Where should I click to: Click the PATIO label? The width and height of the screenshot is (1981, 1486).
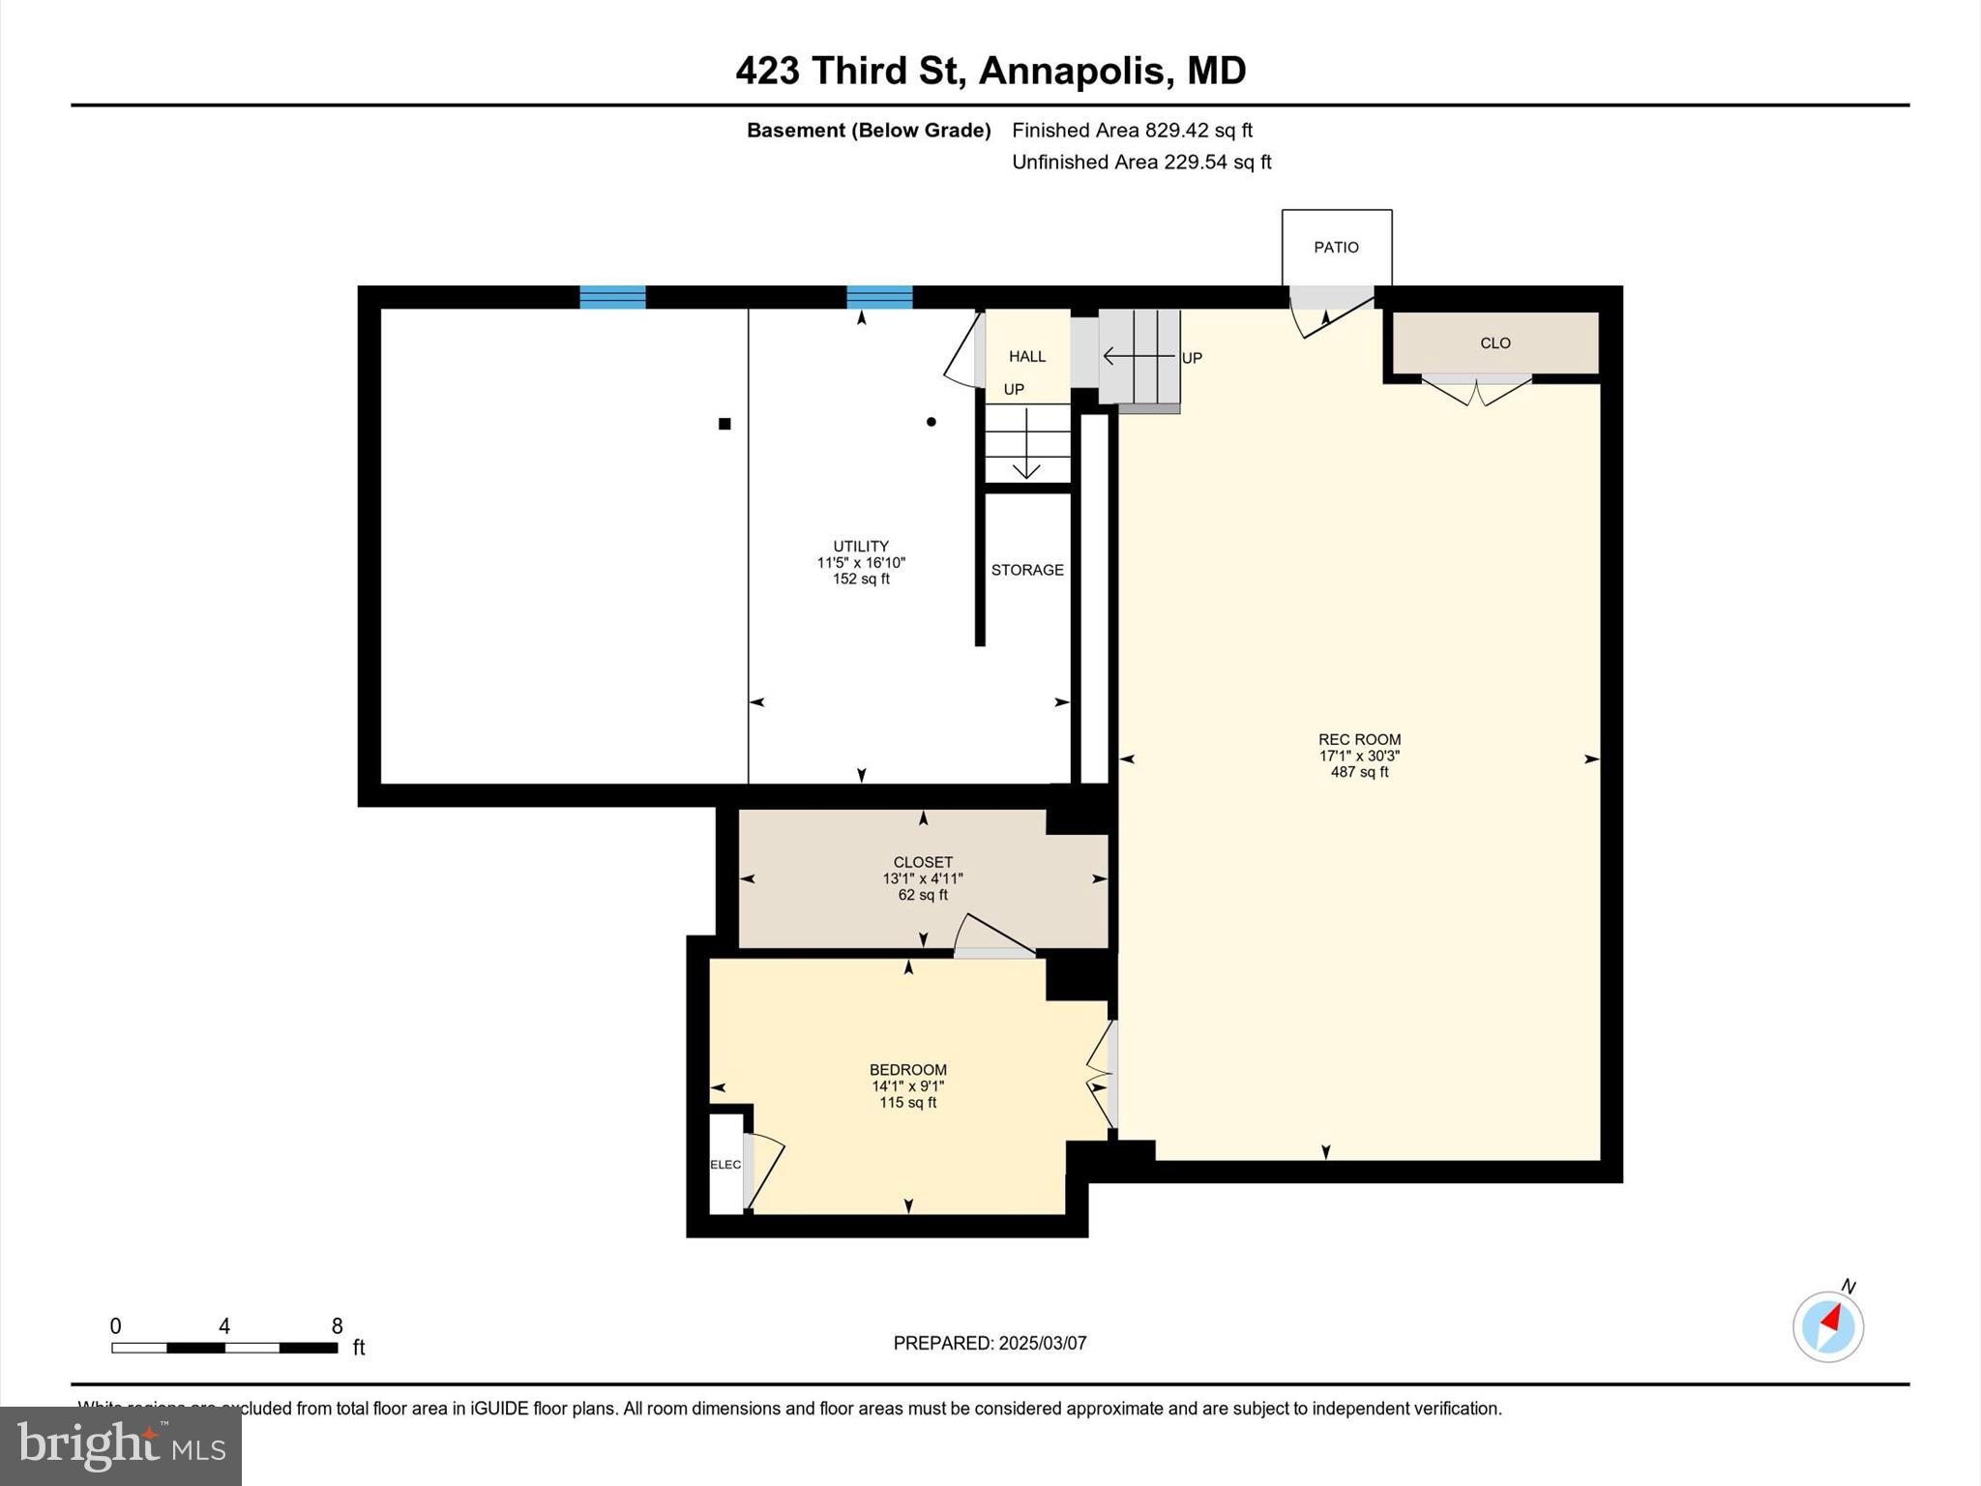(x=1336, y=248)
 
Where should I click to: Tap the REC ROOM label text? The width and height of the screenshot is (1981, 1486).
(x=1359, y=739)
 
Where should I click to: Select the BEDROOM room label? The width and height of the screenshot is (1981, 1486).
(x=907, y=1069)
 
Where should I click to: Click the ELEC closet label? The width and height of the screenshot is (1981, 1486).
(x=725, y=1165)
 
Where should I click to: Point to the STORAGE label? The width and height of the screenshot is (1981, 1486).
(x=1027, y=570)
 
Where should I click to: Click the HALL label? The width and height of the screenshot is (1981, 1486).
(x=1027, y=356)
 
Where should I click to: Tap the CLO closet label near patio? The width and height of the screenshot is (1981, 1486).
(x=1494, y=342)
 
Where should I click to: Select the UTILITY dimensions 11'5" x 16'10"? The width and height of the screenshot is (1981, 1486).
(x=861, y=562)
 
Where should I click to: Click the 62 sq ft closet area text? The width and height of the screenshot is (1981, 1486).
(x=923, y=895)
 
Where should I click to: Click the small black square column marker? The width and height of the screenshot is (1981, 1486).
(x=724, y=423)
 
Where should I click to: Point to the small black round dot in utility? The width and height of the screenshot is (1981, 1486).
(x=931, y=422)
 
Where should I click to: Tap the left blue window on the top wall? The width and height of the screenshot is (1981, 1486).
(x=612, y=297)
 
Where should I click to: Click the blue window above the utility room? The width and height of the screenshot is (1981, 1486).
(x=879, y=297)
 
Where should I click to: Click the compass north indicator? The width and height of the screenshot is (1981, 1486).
(x=1828, y=1325)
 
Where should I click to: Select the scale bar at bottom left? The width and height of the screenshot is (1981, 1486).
(x=224, y=1347)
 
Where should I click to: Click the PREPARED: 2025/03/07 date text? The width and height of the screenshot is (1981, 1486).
(x=990, y=1343)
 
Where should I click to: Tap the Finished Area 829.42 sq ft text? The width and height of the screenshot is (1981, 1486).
(x=1132, y=130)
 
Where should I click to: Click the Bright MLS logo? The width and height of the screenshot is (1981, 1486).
(x=121, y=1445)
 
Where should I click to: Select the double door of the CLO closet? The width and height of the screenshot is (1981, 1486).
(x=1476, y=391)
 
